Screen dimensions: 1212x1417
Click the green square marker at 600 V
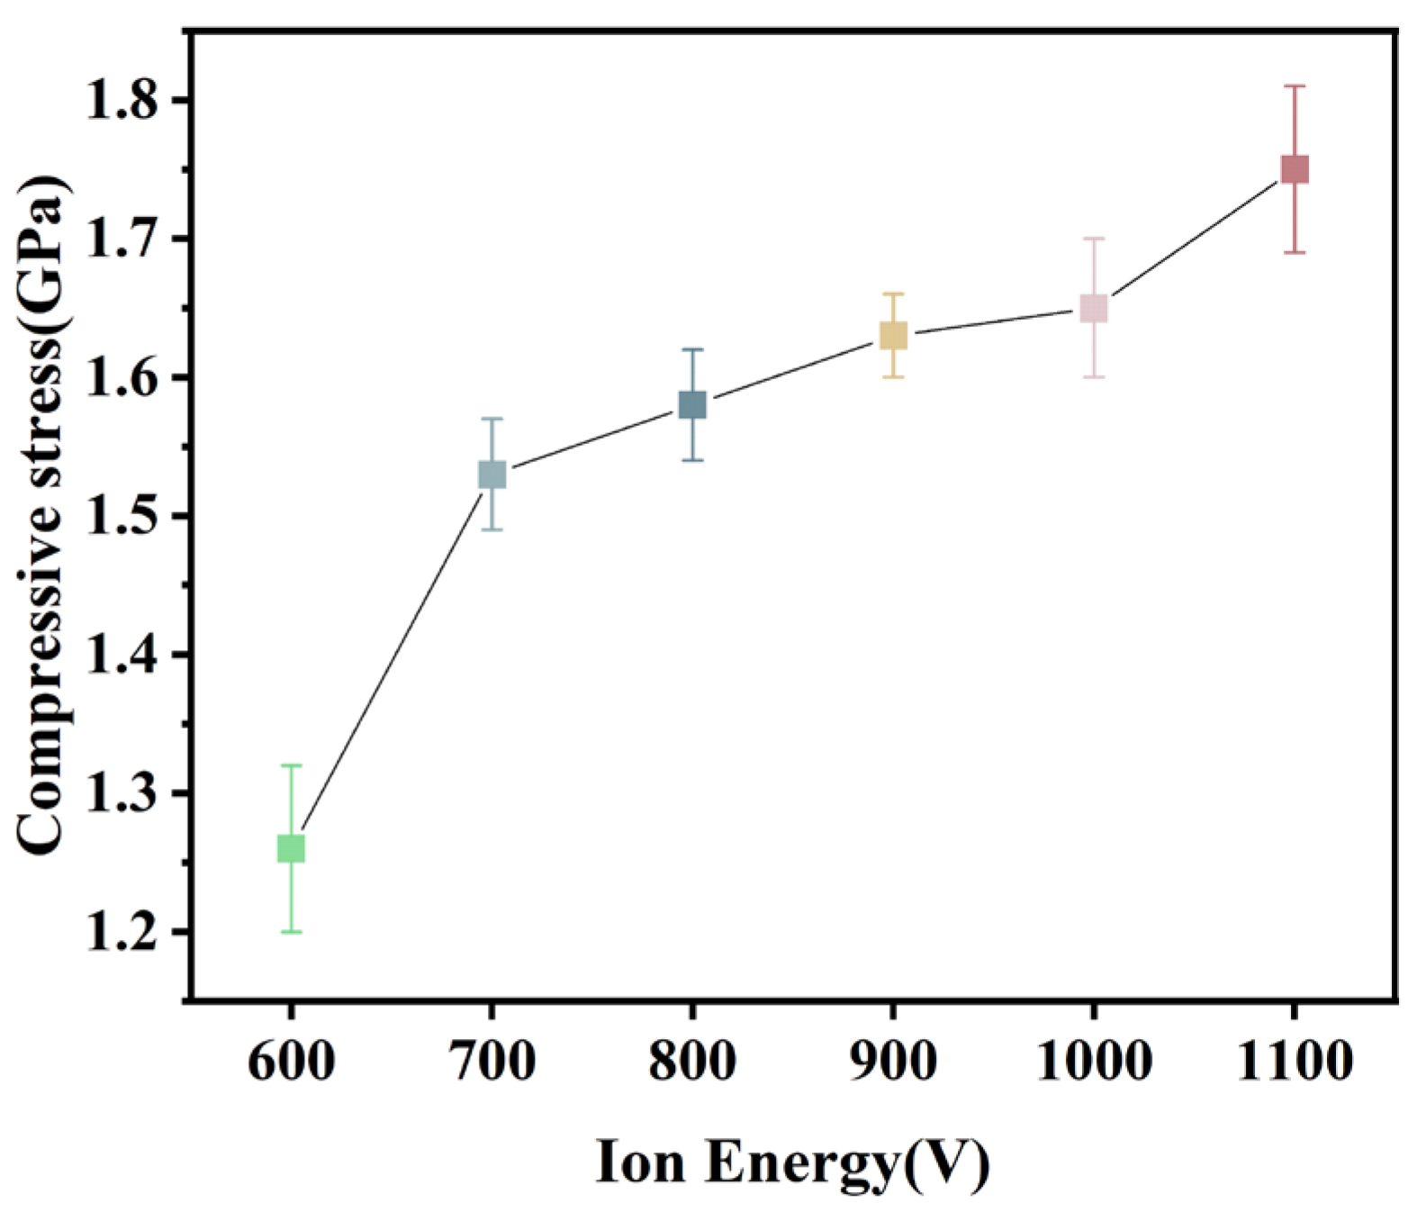tap(291, 848)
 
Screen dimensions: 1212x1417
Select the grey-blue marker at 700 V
tap(492, 475)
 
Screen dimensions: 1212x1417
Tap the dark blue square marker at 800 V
tap(692, 405)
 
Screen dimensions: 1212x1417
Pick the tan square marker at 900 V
tap(893, 336)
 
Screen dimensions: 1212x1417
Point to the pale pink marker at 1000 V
tap(1094, 309)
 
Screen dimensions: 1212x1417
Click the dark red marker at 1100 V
tap(1295, 169)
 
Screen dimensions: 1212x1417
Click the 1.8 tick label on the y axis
tap(127, 100)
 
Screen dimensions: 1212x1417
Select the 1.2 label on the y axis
tap(127, 932)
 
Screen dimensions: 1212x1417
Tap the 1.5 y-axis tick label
tap(127, 516)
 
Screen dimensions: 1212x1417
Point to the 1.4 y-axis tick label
tap(127, 655)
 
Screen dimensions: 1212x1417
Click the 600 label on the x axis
tap(291, 1061)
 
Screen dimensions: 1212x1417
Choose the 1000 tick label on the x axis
tap(1094, 1061)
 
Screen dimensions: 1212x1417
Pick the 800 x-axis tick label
tap(692, 1061)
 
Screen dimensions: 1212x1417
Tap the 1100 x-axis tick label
tap(1295, 1061)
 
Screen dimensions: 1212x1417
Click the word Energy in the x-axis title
tap(801, 1163)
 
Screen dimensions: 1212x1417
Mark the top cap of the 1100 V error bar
tap(1295, 86)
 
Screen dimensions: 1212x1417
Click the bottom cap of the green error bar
tap(291, 932)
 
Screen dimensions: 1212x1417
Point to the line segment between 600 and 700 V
tap(392, 662)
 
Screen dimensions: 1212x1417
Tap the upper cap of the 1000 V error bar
tap(1094, 239)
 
